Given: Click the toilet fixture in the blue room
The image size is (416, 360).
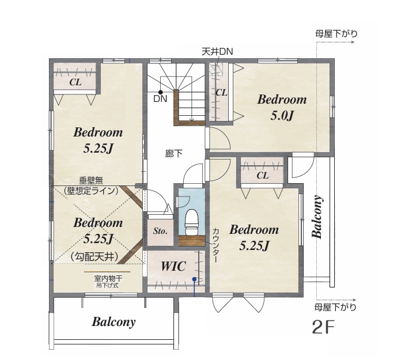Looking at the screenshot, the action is click(191, 222).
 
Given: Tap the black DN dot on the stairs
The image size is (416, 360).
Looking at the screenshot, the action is click(160, 92).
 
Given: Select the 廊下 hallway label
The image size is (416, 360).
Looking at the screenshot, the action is click(174, 154).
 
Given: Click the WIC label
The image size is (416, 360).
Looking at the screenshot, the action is click(173, 266).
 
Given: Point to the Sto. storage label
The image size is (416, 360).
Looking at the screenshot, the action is click(160, 231).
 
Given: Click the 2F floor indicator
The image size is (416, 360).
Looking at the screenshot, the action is click(323, 327).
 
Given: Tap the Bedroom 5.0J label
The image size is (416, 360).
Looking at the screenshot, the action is click(282, 107).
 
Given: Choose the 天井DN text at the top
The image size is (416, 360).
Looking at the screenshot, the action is click(217, 51).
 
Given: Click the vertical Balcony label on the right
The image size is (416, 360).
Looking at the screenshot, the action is click(317, 217).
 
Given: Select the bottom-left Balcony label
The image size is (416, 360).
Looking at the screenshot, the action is click(114, 322).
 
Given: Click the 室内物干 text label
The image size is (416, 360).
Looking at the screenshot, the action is click(108, 278).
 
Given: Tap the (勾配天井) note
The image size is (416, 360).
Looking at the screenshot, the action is click(94, 256).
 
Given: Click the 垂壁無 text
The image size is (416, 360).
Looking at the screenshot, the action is click(91, 181).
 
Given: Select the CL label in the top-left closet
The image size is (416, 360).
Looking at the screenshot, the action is click(75, 82).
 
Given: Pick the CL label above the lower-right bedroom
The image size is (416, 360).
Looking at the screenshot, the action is click(262, 175).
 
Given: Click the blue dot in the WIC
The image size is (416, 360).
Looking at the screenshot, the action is click(195, 279).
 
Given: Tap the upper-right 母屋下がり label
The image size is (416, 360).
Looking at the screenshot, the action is click(336, 33).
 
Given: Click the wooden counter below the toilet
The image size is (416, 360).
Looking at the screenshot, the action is click(191, 240).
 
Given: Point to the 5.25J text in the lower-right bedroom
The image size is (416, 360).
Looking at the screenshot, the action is click(254, 245).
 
